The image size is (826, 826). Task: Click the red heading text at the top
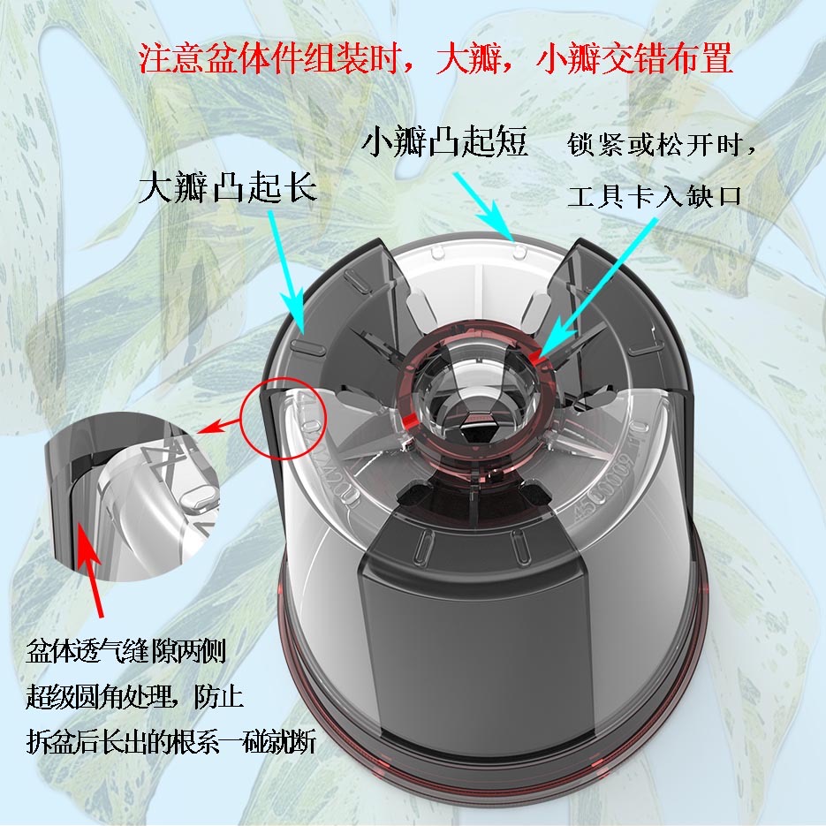[x=436, y=58]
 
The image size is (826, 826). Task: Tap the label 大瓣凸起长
[x=228, y=187]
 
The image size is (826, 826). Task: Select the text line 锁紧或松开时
[x=661, y=144]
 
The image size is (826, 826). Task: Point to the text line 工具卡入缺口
[x=655, y=196]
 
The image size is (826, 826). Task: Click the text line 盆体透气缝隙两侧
[x=126, y=651]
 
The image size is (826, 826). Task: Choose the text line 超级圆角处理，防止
[x=134, y=697]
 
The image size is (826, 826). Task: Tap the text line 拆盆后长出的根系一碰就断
[x=171, y=742]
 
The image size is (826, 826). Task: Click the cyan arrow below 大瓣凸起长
[x=287, y=272]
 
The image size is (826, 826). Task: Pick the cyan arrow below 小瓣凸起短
[x=483, y=207]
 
